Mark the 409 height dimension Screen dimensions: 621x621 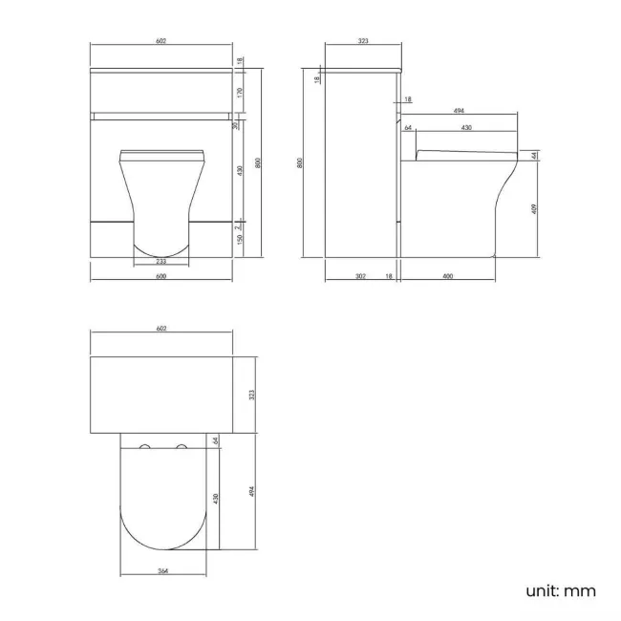pos(534,207)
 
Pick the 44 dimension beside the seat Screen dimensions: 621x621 pos(534,155)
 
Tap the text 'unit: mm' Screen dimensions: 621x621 pos(561,590)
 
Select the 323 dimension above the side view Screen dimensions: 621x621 pos(363,42)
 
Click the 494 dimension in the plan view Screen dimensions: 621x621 pos(252,491)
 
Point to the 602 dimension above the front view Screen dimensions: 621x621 pos(161,42)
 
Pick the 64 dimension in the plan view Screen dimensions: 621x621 pos(216,440)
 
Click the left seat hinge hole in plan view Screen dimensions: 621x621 pos(145,448)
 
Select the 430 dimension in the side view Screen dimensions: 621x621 pos(465,128)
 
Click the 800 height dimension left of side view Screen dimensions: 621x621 pos(302,162)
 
